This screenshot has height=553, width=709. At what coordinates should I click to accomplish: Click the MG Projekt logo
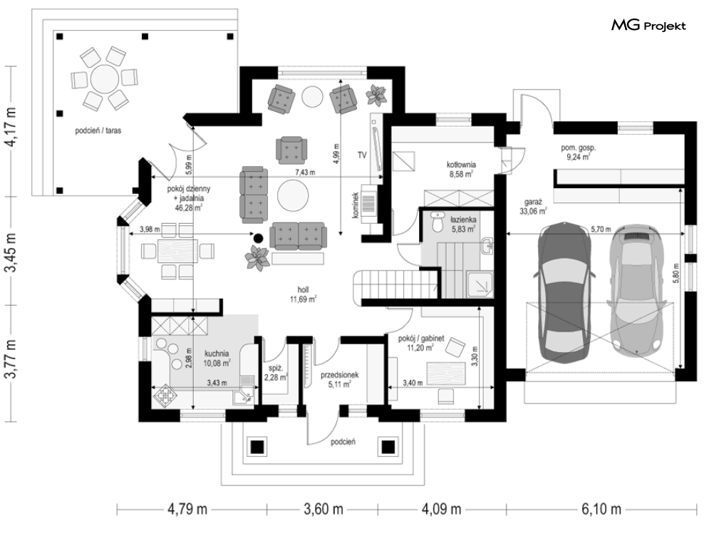click(648, 26)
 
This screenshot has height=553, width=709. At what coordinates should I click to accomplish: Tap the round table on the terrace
click(105, 79)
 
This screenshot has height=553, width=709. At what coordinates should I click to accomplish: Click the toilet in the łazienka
click(437, 222)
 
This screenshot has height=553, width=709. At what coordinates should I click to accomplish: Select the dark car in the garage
click(564, 292)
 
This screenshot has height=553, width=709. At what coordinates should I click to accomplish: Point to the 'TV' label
click(362, 155)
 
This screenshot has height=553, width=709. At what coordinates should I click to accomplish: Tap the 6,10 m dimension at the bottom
click(601, 509)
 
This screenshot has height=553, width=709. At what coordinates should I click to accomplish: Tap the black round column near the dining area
click(258, 237)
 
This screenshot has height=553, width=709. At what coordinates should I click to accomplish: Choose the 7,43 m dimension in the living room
click(305, 172)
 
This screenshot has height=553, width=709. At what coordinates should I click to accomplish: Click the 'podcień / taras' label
click(98, 130)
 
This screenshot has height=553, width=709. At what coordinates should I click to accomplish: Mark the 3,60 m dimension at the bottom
click(323, 509)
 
